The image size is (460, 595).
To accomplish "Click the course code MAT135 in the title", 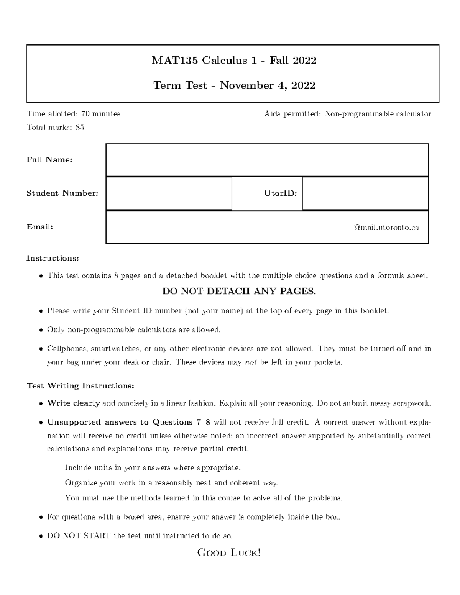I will (x=175, y=61).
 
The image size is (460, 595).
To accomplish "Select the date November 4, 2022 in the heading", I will (x=268, y=85).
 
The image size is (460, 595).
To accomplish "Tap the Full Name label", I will (x=49, y=160).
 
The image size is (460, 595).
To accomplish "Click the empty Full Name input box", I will (x=267, y=160).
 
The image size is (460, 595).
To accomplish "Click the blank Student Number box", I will (x=169, y=193).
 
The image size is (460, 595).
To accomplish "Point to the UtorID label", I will (x=281, y=193).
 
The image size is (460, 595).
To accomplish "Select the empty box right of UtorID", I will (x=365, y=193).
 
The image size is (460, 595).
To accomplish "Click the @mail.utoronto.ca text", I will (x=386, y=228).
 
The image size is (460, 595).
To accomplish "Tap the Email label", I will (x=39, y=227).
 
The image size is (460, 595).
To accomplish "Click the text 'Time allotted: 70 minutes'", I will (x=73, y=114).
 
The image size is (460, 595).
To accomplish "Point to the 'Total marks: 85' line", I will (x=55, y=128).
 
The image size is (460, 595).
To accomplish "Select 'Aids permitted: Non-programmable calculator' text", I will (x=347, y=114).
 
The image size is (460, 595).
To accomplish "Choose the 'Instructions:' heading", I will (x=53, y=258).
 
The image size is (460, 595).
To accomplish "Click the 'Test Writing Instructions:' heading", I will (x=80, y=386).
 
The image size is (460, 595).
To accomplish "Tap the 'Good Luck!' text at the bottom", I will (x=229, y=553).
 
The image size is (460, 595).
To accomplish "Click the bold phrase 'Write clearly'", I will (x=74, y=403).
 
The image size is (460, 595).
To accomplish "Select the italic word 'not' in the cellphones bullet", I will (x=251, y=362).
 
